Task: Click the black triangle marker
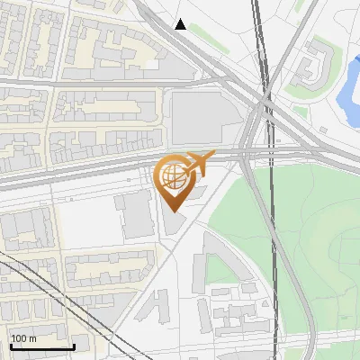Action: tap(181, 24)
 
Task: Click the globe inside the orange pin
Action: tap(173, 176)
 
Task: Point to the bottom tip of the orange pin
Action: tap(173, 211)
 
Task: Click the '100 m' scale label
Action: tap(23, 338)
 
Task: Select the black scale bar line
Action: tap(41, 346)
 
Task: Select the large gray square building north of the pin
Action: tap(202, 117)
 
